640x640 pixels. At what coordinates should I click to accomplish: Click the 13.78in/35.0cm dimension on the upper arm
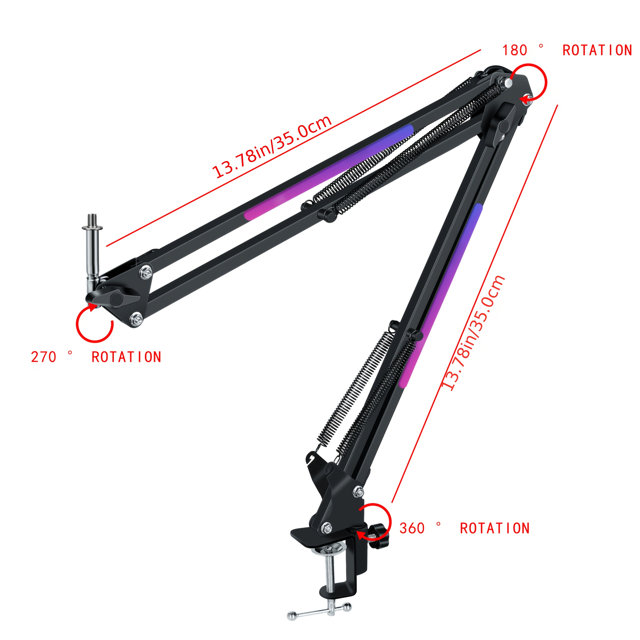coord(272,147)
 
